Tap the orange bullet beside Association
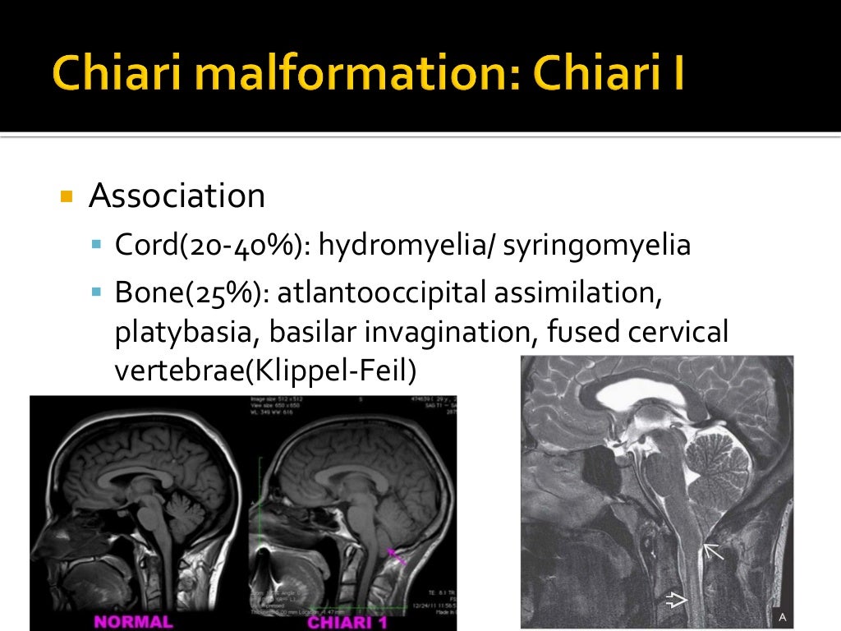coord(67,198)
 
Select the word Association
coord(177,196)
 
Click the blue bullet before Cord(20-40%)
coord(96,245)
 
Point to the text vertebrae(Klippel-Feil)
coord(265,371)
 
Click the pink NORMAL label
coord(133,621)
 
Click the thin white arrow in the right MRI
coord(712,551)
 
